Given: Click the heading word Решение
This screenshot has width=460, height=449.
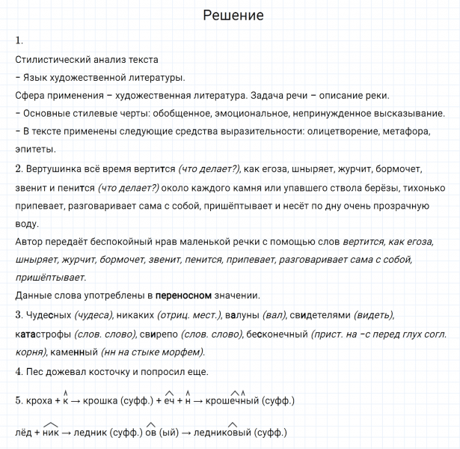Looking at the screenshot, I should (x=233, y=16).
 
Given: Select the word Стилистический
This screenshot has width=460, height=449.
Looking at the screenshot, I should (x=49, y=59).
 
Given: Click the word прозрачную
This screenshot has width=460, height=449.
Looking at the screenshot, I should (x=413, y=204).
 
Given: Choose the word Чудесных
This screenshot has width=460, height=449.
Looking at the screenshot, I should (x=49, y=314).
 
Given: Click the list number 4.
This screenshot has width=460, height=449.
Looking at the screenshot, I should (x=18, y=371).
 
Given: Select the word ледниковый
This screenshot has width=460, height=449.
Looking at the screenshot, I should (x=224, y=433).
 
